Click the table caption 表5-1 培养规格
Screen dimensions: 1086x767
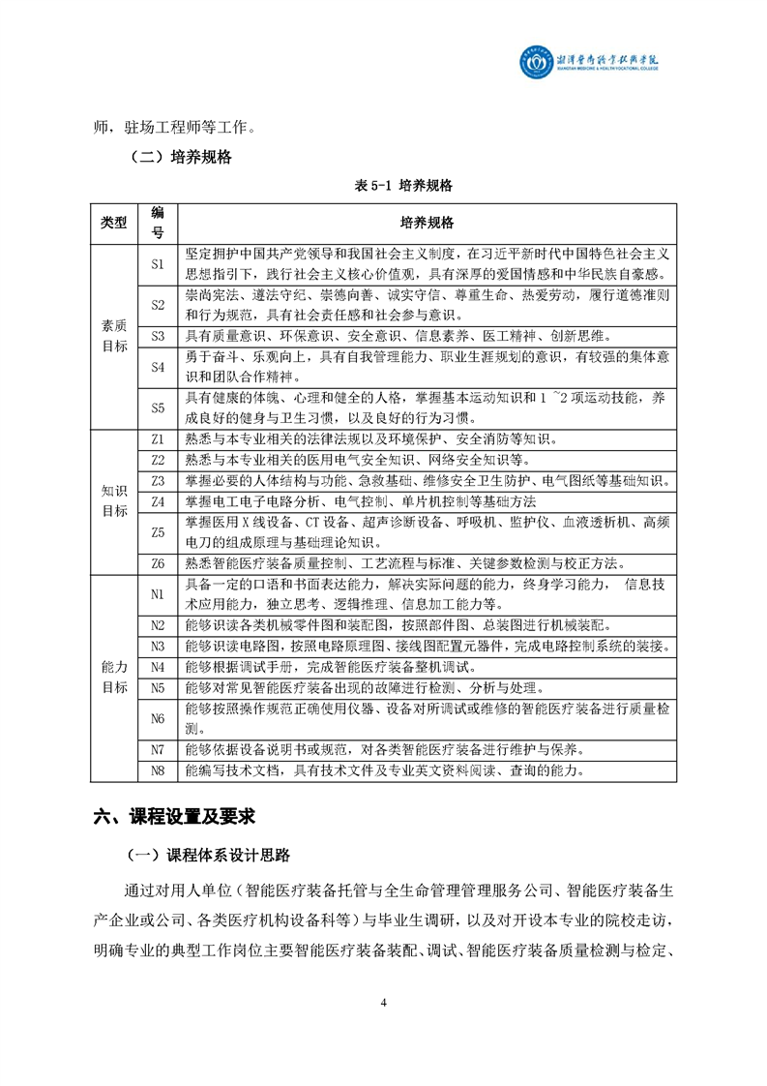(384, 184)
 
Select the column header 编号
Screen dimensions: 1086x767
(158, 223)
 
